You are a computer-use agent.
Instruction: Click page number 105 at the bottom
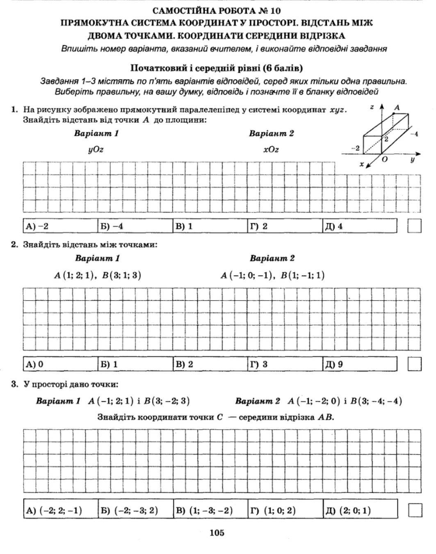coord(217,533)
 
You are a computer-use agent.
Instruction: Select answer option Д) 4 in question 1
coord(334,226)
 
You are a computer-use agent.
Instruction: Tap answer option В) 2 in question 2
coord(184,364)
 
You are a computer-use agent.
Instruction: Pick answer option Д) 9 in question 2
coord(334,364)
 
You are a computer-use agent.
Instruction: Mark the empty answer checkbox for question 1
coord(415,226)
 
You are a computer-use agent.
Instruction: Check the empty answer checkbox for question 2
coord(415,364)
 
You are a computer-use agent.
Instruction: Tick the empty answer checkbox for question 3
coord(415,510)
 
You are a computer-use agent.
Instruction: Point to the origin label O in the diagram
coord(384,159)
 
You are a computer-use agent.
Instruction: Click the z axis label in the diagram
coord(372,107)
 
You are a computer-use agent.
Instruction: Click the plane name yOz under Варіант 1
coord(96,149)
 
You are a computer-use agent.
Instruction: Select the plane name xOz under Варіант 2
coord(271,149)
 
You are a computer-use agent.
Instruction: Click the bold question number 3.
coord(14,384)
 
